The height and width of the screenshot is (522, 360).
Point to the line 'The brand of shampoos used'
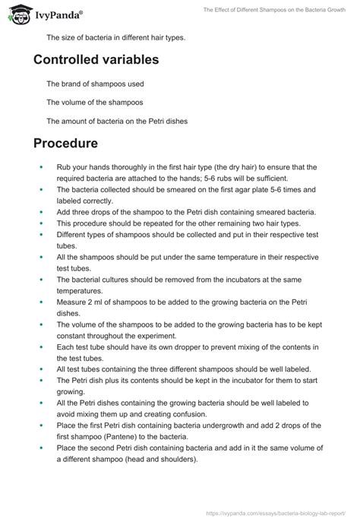(95, 83)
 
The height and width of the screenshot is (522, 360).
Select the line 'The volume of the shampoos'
(94, 102)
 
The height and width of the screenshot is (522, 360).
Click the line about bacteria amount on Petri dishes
(116, 121)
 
